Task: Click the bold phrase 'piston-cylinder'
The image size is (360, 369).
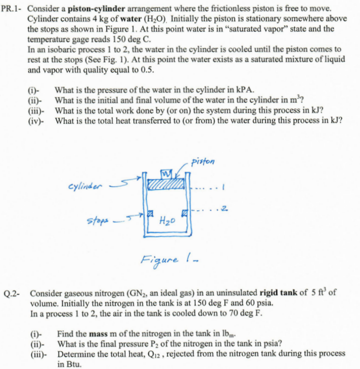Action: pos(92,8)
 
